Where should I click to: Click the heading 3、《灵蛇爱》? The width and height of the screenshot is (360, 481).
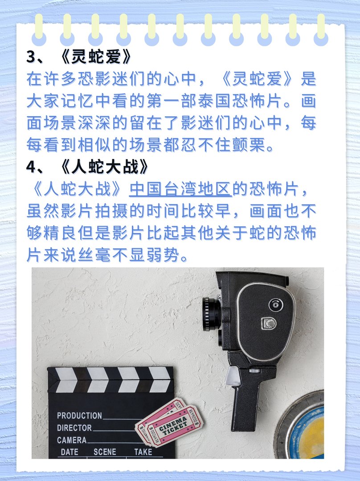click(79, 57)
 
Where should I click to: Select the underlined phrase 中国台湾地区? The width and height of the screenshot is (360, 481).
click(180, 189)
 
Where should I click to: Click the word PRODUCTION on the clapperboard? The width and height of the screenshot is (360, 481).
click(79, 416)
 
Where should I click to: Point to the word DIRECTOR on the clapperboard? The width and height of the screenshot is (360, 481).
click(74, 428)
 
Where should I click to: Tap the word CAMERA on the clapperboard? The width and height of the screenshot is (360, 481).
click(72, 440)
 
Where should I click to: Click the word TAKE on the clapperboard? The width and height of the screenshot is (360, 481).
click(143, 452)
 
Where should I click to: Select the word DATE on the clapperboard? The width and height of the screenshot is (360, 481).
click(70, 452)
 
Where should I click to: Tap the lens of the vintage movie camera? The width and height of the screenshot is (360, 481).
click(210, 314)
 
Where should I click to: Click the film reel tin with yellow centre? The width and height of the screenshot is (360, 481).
click(304, 428)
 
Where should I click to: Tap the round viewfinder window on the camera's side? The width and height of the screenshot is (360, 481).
click(275, 305)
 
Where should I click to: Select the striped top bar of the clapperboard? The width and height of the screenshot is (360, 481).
click(110, 379)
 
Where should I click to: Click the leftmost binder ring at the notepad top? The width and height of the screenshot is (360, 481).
click(39, 29)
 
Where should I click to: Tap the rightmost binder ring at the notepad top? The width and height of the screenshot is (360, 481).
click(321, 29)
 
